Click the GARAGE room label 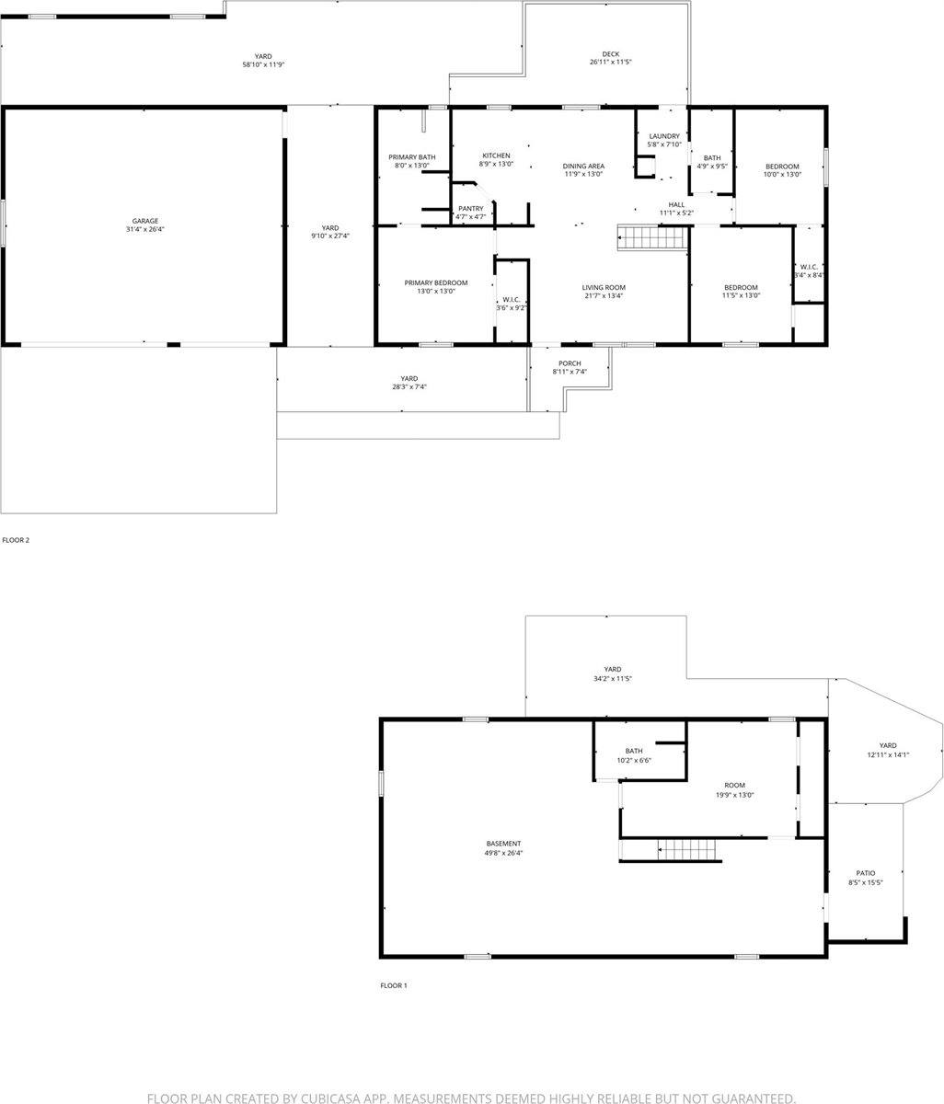click(x=144, y=221)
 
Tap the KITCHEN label click(x=496, y=155)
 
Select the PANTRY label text click(x=471, y=209)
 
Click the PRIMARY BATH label click(x=412, y=157)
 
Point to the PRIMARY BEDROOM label click(x=436, y=282)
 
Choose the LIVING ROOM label click(x=604, y=287)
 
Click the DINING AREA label click(x=583, y=166)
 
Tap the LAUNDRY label click(x=663, y=136)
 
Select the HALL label click(x=676, y=204)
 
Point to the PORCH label click(x=570, y=362)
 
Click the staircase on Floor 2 click(x=652, y=238)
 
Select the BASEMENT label click(x=503, y=844)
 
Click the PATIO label click(x=865, y=873)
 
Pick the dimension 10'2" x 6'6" click(x=634, y=761)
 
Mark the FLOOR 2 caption click(x=16, y=540)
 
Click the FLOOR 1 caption click(x=394, y=985)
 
